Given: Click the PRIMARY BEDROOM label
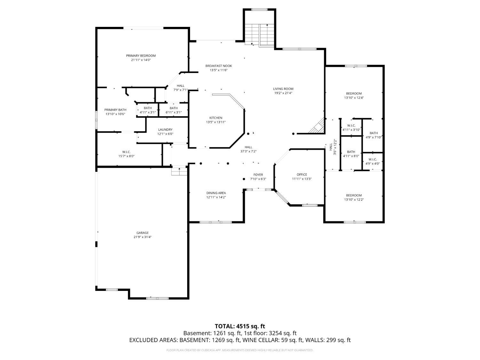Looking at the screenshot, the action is click(141, 56).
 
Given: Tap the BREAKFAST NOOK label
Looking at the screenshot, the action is click(219, 66).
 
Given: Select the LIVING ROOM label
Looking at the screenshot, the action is click(283, 89).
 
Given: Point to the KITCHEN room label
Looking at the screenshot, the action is click(216, 118).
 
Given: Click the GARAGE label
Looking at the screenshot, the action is click(143, 233).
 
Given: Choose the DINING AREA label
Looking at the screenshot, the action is click(216, 193).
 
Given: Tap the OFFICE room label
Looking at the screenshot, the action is click(302, 174).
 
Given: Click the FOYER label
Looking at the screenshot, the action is click(258, 175).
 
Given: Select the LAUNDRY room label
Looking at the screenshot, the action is click(165, 130).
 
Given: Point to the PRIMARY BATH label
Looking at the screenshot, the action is click(115, 110).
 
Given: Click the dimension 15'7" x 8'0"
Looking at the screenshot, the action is click(126, 156).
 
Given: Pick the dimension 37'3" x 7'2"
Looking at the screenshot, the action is click(248, 151).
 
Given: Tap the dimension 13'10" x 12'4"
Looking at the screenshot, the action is click(354, 98).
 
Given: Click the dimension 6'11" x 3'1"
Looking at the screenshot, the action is click(174, 112).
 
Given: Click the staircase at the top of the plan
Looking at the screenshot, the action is click(259, 35).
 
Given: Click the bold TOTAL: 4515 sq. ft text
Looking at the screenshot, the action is click(240, 326).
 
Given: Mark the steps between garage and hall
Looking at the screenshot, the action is click(179, 172).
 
